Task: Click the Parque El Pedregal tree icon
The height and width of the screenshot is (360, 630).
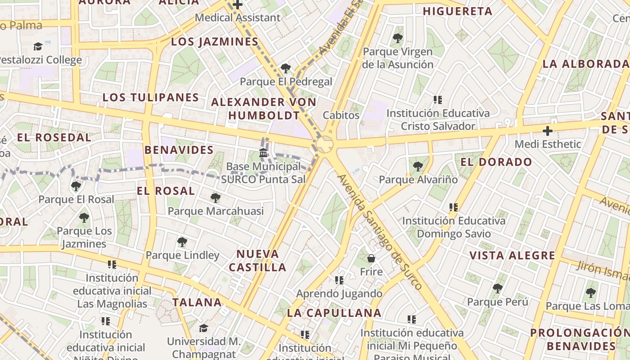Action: coord(285,68)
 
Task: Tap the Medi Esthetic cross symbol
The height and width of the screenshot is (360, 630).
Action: coord(548,131)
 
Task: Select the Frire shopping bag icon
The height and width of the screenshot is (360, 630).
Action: coord(371,258)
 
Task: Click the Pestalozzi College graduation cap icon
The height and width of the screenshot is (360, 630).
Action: coord(38,46)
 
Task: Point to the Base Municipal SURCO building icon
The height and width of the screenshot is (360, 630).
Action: coord(263,153)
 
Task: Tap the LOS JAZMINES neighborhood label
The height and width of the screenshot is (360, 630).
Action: coord(215,42)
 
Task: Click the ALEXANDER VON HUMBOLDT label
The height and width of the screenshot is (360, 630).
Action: coord(264,108)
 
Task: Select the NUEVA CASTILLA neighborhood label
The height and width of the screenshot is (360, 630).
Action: coord(258,261)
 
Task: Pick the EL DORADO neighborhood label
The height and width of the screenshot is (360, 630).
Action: coord(496,162)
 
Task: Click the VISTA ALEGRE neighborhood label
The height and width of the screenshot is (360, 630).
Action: coord(512,256)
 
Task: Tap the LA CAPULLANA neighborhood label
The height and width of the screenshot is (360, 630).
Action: coord(334,313)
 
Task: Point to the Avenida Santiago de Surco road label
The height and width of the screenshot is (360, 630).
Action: coord(380,232)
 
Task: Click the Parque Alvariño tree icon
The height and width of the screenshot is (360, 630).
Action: coord(418,166)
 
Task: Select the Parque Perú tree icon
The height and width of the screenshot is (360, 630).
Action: coord(497,288)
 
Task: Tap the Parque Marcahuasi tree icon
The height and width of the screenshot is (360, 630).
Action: coord(216,198)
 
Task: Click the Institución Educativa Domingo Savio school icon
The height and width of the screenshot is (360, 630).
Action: coord(454,207)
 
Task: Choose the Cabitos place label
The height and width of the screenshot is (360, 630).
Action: coord(341,115)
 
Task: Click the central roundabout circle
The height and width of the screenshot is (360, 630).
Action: coord(325,145)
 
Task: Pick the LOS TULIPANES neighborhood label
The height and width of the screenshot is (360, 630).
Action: coord(151,97)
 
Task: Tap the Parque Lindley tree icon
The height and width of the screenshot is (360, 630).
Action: coord(182,242)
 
